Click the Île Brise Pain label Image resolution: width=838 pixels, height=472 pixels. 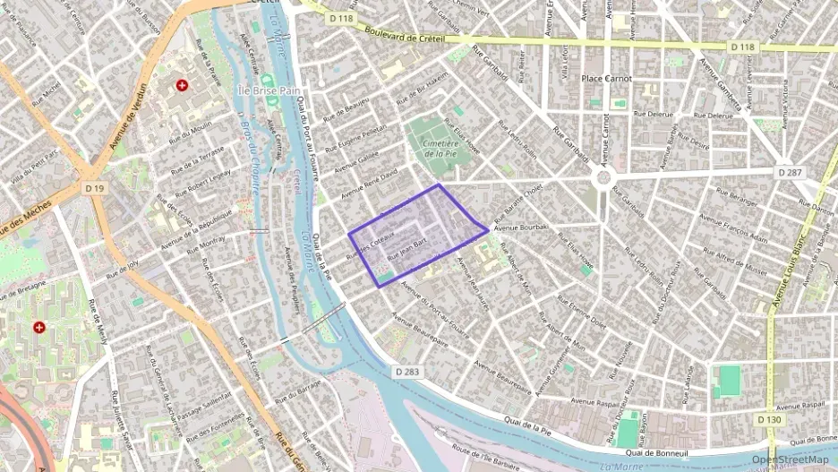268,91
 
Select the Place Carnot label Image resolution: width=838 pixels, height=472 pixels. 606,79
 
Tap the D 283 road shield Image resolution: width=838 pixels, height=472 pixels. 408,371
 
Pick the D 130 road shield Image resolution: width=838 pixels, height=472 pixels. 767,419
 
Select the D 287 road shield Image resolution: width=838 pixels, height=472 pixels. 789,171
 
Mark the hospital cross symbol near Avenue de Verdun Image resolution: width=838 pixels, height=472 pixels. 183,86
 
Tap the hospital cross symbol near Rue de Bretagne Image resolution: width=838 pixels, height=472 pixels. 39,328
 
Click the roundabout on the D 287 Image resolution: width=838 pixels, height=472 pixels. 604,177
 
